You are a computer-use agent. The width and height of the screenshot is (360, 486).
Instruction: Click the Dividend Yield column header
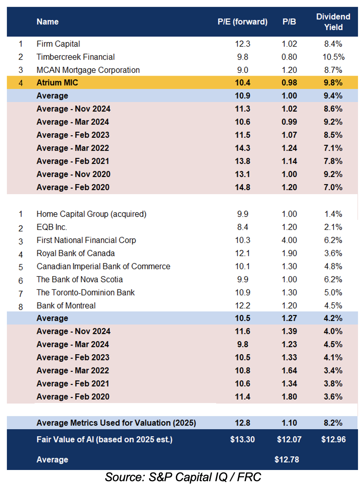coord(333,22)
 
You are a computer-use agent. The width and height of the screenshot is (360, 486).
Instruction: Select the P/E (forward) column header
coord(242,22)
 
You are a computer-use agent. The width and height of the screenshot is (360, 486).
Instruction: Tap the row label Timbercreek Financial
coord(75,57)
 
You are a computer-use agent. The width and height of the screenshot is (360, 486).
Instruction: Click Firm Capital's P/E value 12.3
coord(242,44)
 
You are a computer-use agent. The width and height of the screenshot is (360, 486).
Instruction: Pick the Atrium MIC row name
coord(57,82)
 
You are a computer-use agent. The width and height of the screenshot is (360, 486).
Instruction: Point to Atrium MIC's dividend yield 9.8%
coord(333,82)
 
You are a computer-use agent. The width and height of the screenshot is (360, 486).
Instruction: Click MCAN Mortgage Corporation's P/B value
coord(289,70)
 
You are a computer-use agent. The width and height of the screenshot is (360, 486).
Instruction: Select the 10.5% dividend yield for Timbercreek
coord(333,57)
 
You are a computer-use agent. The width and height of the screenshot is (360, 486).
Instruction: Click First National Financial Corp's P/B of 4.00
coord(289,240)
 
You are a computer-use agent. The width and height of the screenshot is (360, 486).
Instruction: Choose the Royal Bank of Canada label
coord(76,253)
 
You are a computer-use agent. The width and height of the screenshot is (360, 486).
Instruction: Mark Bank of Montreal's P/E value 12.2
coord(242,305)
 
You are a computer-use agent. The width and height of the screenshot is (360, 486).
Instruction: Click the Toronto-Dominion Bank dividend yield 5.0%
coord(333,292)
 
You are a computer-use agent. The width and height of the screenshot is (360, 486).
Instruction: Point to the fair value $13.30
coord(242,439)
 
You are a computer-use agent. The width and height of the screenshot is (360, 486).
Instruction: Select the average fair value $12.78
coord(287,459)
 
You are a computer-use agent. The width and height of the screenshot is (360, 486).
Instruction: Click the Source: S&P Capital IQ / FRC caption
coord(183,477)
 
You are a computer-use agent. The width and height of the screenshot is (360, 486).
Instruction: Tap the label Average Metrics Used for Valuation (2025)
coord(116,423)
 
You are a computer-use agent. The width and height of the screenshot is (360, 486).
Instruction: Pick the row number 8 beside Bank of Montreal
coord(20,307)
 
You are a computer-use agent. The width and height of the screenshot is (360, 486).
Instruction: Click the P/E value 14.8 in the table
coord(242,187)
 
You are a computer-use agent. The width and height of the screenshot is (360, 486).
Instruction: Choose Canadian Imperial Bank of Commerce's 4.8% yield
coord(333,266)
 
